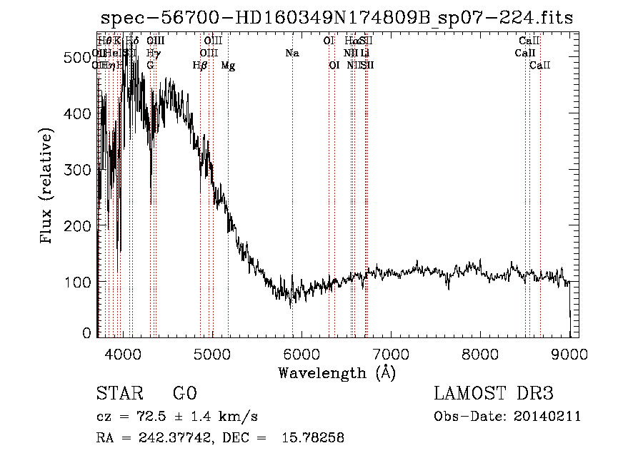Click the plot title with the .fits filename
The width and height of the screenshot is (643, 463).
coord(336,18)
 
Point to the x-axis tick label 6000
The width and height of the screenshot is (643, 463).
coord(301,354)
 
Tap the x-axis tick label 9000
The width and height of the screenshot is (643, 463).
coord(569,354)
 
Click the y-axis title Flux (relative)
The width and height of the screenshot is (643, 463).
coord(48,185)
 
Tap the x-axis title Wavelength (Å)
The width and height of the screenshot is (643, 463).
coord(337,372)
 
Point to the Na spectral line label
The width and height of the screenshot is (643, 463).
coord(291,53)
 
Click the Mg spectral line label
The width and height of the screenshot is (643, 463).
coord(228,66)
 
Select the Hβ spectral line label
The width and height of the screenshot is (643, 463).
coord(200,66)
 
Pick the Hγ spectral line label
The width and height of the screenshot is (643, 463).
coord(152,53)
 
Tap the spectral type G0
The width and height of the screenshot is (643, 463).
coord(184,394)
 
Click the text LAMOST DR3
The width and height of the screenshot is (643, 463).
coord(493,394)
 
